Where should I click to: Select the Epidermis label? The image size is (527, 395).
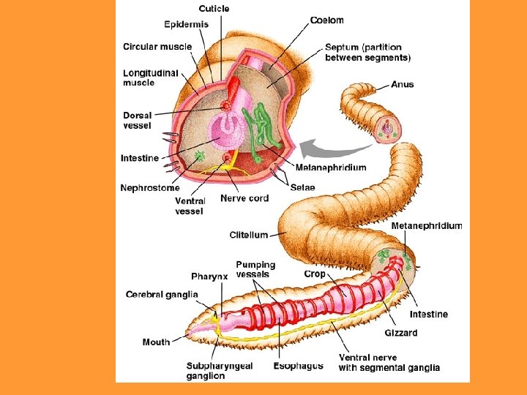pos(186,24)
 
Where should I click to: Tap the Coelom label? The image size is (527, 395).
pos(326,20)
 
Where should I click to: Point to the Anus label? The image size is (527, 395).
pos(403,84)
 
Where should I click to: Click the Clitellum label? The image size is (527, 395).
pos(248,235)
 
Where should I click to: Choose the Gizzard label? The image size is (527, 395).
pos(401,333)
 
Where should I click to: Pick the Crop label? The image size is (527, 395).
pos(315,274)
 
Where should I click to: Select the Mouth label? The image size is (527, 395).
pos(156,342)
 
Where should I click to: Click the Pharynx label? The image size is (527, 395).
pos(209,276)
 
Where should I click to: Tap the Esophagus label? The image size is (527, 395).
pos(298,366)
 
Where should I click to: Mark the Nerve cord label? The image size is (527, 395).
pos(244,198)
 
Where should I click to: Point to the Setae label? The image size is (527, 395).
pos(302,188)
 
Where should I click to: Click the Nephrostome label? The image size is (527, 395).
pos(149,188)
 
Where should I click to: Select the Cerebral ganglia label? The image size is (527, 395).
pos(162,295)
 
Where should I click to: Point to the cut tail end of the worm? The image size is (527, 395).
pos(388,131)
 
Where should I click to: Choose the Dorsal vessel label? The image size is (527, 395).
pos(138,120)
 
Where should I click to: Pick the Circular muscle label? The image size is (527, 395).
pos(157,47)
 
